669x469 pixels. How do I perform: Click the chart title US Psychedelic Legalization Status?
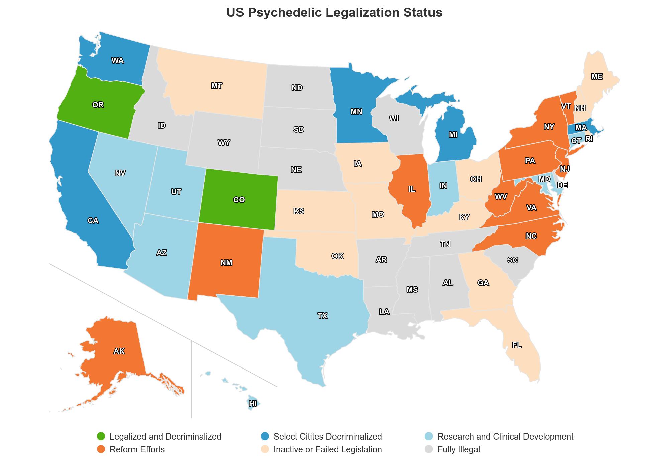[334, 13]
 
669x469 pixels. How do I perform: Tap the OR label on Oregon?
[98, 105]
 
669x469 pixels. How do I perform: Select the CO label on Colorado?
[239, 200]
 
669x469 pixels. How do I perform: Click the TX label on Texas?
[322, 316]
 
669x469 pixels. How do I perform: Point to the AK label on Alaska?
[119, 351]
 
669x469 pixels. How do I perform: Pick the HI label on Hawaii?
[253, 404]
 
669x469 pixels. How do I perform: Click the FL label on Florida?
[517, 345]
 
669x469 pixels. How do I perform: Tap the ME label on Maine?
[597, 77]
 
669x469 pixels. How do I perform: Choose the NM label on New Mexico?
[226, 263]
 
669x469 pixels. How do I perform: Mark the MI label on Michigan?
[453, 135]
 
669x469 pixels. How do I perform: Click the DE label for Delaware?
[562, 185]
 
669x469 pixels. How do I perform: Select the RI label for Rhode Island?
[589, 139]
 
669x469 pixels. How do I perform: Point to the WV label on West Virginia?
[501, 197]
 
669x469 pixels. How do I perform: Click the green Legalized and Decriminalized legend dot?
[101, 437]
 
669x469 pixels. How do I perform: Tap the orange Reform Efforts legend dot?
[101, 449]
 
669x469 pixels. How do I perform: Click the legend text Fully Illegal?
[458, 449]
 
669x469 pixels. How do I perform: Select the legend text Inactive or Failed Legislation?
[327, 449]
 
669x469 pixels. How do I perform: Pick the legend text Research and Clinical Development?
[505, 437]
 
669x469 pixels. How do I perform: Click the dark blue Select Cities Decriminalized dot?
[265, 437]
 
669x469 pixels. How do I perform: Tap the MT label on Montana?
[216, 86]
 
